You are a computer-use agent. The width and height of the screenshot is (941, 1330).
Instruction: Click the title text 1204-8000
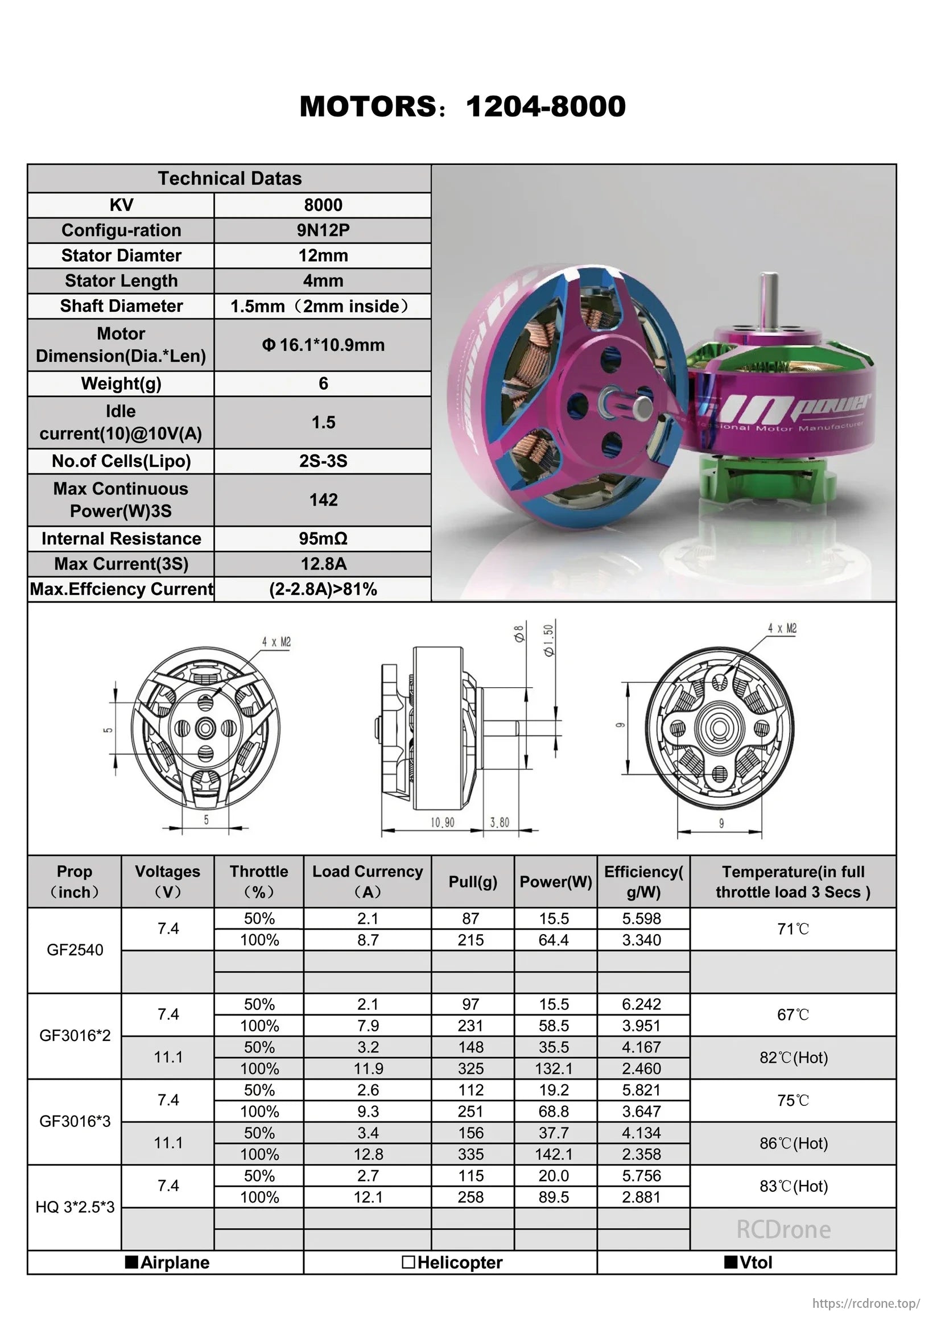tap(545, 106)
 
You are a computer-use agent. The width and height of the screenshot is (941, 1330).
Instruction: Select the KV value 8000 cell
tap(323, 205)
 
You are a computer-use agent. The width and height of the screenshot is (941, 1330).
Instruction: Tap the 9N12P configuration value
tap(323, 230)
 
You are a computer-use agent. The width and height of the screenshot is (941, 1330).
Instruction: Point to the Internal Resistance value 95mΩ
tap(323, 539)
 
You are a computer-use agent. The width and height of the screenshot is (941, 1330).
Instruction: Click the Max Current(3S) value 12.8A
tap(323, 564)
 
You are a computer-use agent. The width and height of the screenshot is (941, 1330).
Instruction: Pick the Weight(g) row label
tap(121, 383)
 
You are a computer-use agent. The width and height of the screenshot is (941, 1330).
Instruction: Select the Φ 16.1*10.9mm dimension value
tap(323, 345)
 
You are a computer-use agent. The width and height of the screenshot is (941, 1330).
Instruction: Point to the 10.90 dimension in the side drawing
tap(442, 823)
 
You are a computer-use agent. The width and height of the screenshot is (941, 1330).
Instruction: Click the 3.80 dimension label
tap(500, 823)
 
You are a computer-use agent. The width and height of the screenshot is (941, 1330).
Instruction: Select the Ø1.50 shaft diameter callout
tap(548, 639)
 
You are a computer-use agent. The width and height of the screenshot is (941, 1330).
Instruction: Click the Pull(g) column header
tap(473, 882)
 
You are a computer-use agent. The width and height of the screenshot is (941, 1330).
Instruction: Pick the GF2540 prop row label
tap(75, 950)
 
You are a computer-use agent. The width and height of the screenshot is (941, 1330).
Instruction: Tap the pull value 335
tap(470, 1154)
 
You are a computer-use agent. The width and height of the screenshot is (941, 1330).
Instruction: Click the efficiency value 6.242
tap(641, 1005)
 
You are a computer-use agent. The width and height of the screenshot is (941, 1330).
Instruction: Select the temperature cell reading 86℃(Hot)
tap(793, 1143)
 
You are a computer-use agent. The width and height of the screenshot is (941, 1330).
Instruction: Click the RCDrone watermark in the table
tap(783, 1229)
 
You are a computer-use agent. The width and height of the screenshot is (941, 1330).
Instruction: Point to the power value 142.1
tap(554, 1154)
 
